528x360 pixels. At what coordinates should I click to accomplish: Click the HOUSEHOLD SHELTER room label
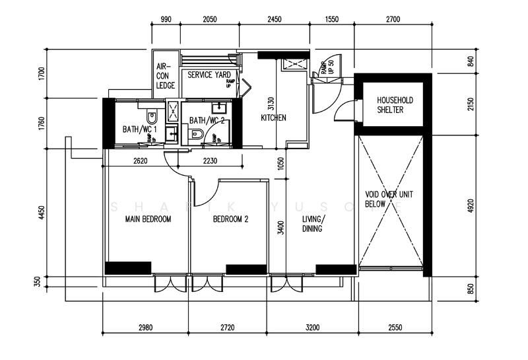(x=395, y=104)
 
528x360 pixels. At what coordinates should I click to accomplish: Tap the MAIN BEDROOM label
(x=148, y=219)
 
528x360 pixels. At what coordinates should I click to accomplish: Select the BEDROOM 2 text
(x=230, y=219)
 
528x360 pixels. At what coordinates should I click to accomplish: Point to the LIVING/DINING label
(x=312, y=224)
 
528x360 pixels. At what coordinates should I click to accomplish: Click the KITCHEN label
(x=273, y=118)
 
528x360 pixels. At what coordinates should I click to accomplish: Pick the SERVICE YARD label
(x=209, y=75)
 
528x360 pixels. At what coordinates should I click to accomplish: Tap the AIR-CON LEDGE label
(x=164, y=76)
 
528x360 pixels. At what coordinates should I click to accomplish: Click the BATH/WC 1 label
(x=140, y=129)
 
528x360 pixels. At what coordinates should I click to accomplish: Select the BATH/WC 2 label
(x=207, y=121)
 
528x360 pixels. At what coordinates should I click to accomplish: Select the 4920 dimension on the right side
(x=471, y=205)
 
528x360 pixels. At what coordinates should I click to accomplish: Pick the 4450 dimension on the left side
(x=42, y=213)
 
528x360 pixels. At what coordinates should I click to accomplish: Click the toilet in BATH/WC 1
(x=153, y=118)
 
